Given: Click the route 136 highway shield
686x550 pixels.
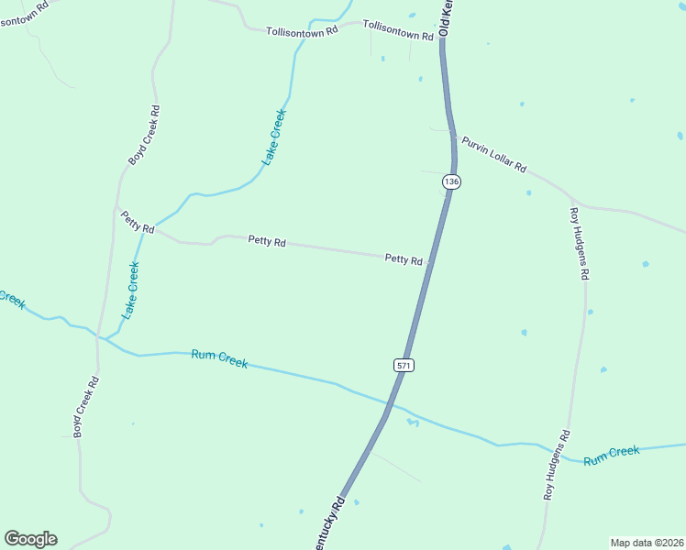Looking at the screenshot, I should pos(450,181).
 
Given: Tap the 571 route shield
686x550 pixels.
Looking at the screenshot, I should pos(404,365).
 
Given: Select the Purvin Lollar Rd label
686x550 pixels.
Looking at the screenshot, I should pos(493,154).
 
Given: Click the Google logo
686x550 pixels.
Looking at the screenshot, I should pos(30,539).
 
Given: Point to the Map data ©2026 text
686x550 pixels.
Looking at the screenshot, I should pos(647,542).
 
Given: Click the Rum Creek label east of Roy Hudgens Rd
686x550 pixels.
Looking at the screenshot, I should pos(611,454).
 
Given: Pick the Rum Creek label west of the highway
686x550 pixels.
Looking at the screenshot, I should pos(219,358).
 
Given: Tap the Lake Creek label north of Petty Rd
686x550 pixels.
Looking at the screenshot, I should pos(274,137).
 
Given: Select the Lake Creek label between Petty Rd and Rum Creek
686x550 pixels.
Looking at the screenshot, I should pos(131,290).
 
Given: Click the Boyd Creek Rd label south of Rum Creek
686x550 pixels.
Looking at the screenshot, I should pos(85,406).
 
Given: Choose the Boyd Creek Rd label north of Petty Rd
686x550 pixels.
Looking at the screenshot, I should pos(144,135).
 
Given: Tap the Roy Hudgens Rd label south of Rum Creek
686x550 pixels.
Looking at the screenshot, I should pos(556,465).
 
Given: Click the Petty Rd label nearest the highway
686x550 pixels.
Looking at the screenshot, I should pos(404,259).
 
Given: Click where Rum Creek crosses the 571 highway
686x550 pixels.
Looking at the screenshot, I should pos(395,403).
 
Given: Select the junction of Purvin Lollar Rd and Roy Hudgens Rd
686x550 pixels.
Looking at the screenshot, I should pos(572,199).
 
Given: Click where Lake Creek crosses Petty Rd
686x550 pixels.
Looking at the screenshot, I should pos(152,225).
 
